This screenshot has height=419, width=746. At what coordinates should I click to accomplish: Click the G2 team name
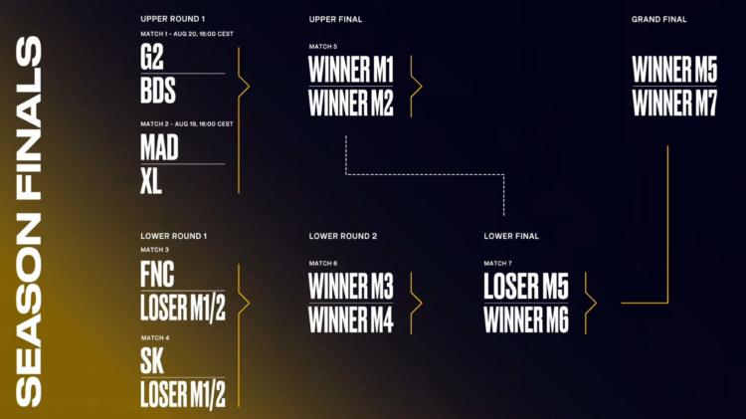(152, 57)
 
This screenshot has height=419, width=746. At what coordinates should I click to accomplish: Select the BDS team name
(158, 91)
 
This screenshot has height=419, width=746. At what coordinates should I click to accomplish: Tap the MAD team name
(159, 147)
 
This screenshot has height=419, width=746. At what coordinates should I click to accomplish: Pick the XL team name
(151, 181)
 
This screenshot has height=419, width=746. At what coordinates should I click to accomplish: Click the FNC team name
(157, 275)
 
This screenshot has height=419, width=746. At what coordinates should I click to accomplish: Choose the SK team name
(152, 361)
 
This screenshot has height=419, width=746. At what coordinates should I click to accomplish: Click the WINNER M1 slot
(351, 70)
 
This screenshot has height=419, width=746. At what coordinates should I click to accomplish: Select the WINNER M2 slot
(351, 103)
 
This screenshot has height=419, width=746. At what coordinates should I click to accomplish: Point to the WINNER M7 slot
(674, 103)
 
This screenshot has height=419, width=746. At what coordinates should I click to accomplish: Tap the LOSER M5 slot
(526, 287)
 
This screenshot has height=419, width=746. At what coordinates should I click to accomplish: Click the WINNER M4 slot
(351, 319)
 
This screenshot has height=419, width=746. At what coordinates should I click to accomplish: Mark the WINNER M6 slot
(526, 319)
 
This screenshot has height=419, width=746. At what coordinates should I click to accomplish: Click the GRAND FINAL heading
(658, 20)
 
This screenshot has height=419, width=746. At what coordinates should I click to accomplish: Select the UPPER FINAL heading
(335, 20)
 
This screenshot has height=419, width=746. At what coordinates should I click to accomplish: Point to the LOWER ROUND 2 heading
(342, 236)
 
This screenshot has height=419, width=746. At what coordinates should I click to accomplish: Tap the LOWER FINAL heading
(511, 236)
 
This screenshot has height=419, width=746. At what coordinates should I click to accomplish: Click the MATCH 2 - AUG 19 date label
(187, 123)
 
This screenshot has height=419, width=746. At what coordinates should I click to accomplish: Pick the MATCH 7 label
(497, 264)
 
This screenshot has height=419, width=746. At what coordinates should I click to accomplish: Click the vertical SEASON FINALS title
(29, 222)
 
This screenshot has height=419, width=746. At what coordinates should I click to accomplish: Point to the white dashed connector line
(425, 175)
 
